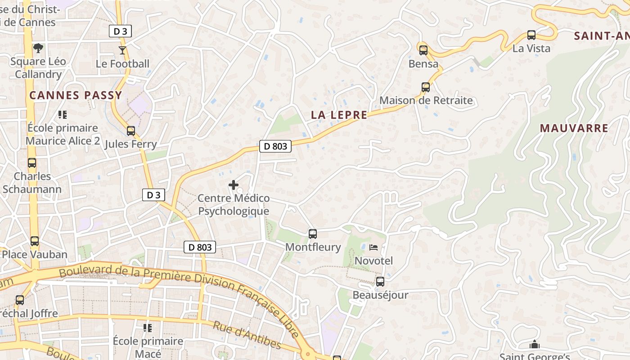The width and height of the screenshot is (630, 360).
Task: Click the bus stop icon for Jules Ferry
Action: click(131, 131)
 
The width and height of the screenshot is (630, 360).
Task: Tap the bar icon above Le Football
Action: click(122, 50)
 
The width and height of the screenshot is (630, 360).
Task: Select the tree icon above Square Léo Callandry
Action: click(39, 48)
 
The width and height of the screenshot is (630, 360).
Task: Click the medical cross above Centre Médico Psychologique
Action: click(234, 184)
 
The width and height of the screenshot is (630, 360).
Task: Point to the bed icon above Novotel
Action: click(373, 247)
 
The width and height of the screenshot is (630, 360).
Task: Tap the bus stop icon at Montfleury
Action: click(313, 234)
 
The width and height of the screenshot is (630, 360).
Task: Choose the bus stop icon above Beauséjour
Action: click(380, 282)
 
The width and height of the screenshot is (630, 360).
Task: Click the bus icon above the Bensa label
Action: click(423, 50)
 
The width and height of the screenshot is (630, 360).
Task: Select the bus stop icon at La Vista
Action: click(531, 35)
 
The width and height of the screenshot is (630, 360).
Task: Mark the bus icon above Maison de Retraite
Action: click(426, 87)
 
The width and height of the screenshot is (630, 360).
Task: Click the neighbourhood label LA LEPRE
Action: click(339, 115)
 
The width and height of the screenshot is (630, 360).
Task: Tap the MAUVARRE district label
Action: click(574, 128)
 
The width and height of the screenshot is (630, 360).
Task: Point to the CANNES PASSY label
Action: click(76, 95)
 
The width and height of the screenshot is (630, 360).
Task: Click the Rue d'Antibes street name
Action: click(247, 335)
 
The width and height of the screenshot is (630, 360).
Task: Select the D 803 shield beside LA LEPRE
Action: click(275, 146)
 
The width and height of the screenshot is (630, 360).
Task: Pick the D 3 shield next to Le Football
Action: click(120, 31)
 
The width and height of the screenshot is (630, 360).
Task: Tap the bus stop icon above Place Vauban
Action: click(35, 241)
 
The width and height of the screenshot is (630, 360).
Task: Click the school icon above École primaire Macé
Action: click(147, 328)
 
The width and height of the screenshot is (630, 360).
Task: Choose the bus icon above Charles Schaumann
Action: click(31, 163)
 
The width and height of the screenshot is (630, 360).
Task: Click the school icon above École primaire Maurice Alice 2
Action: click(63, 115)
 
